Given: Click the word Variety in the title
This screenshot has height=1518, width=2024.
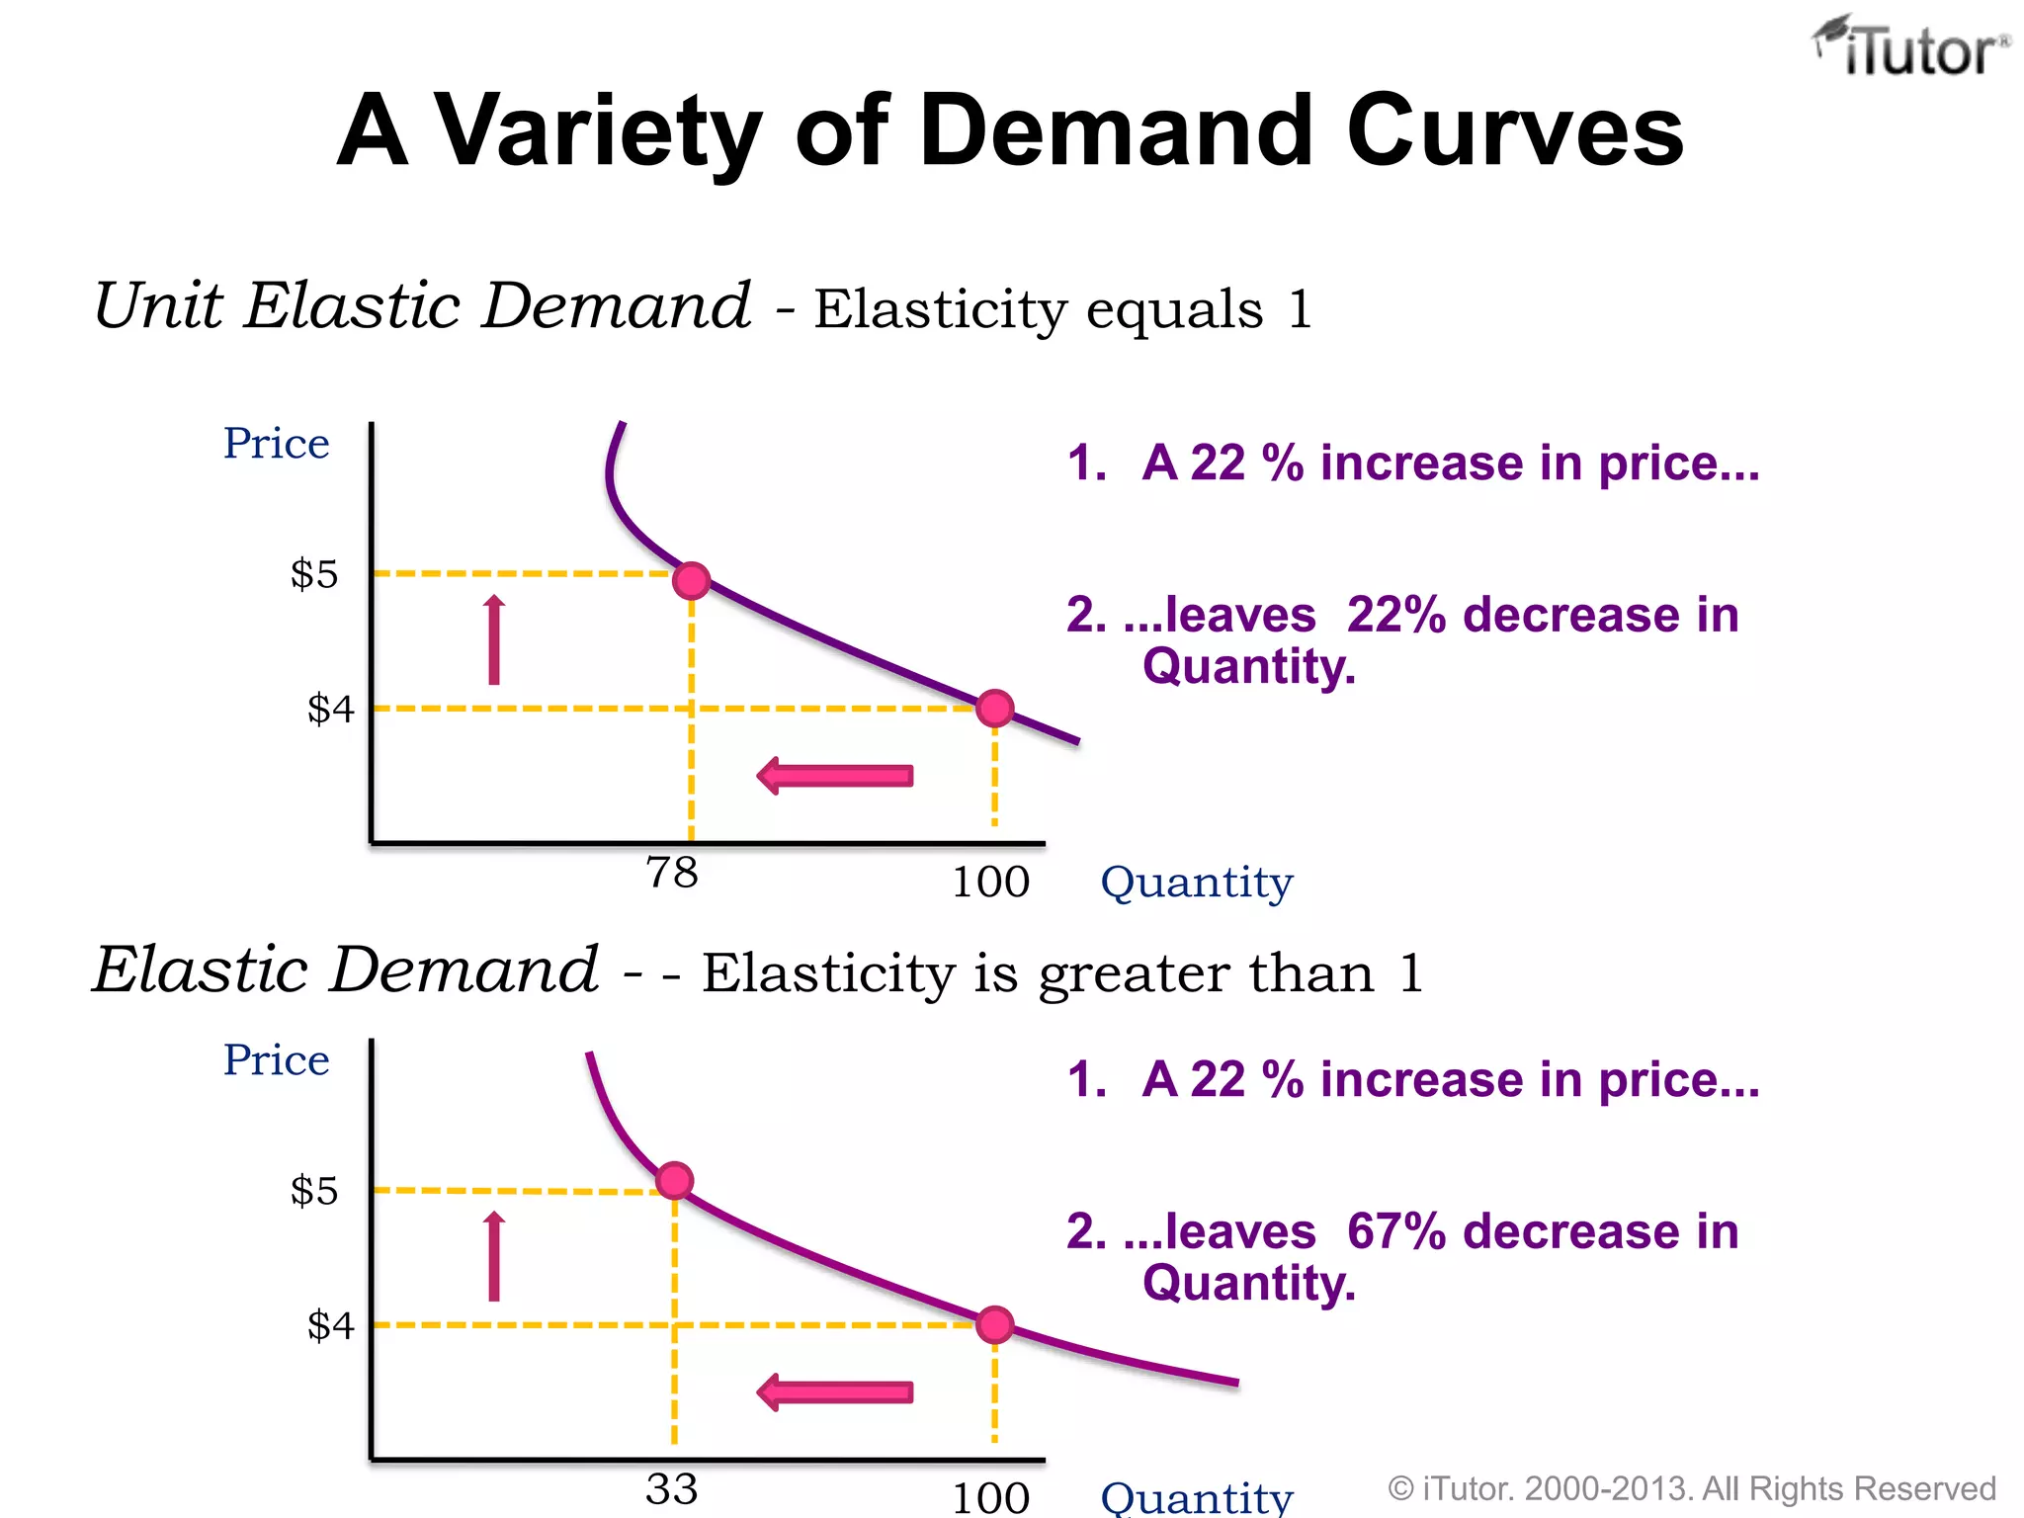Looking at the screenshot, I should pyautogui.click(x=599, y=130).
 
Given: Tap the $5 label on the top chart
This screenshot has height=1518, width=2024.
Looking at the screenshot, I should pyautogui.click(x=314, y=574).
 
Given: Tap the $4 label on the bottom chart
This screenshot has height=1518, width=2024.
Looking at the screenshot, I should pyautogui.click(x=330, y=1325).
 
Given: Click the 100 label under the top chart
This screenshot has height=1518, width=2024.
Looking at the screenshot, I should pyautogui.click(x=990, y=882).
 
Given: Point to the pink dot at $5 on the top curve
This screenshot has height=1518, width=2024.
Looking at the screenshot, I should pyautogui.click(x=691, y=580).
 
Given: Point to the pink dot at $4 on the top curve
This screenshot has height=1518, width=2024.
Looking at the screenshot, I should pyautogui.click(x=994, y=708).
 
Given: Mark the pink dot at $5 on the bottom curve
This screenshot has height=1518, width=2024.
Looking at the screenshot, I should pyautogui.click(x=674, y=1181).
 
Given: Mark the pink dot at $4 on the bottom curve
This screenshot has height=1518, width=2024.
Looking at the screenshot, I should pyautogui.click(x=994, y=1324).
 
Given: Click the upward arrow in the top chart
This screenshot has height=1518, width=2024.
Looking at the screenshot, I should pyautogui.click(x=494, y=640).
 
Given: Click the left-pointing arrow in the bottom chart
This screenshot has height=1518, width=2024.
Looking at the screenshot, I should pyautogui.click(x=835, y=1392).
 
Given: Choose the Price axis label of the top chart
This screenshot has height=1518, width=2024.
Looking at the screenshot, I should pyautogui.click(x=276, y=444).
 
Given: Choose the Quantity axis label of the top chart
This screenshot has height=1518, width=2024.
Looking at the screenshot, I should pyautogui.click(x=1197, y=882).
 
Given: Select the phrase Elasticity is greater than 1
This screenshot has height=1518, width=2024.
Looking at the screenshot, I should pyautogui.click(x=1062, y=973).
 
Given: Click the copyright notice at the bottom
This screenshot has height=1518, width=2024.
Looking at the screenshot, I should pyautogui.click(x=1691, y=1488).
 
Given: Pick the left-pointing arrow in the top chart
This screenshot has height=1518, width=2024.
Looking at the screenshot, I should pyautogui.click(x=835, y=776).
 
